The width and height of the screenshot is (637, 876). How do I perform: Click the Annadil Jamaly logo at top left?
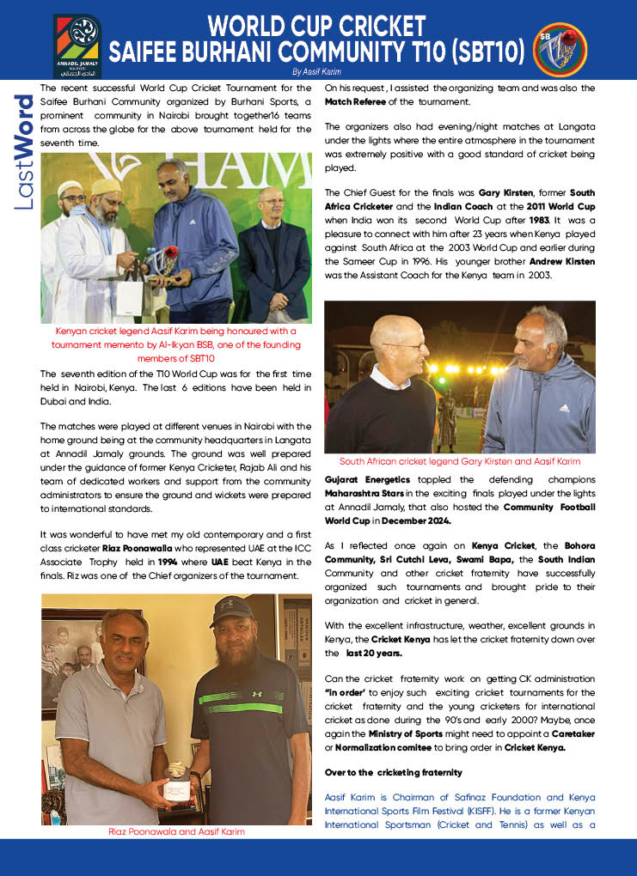coord(77,46)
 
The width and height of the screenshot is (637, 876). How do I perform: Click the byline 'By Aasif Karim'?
coord(316,72)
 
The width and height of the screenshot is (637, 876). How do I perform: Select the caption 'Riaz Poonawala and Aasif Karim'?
coord(176,831)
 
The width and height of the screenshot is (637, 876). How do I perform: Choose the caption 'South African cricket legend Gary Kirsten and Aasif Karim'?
coord(459,461)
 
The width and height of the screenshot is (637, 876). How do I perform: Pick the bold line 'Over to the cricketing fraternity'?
coord(394,772)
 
